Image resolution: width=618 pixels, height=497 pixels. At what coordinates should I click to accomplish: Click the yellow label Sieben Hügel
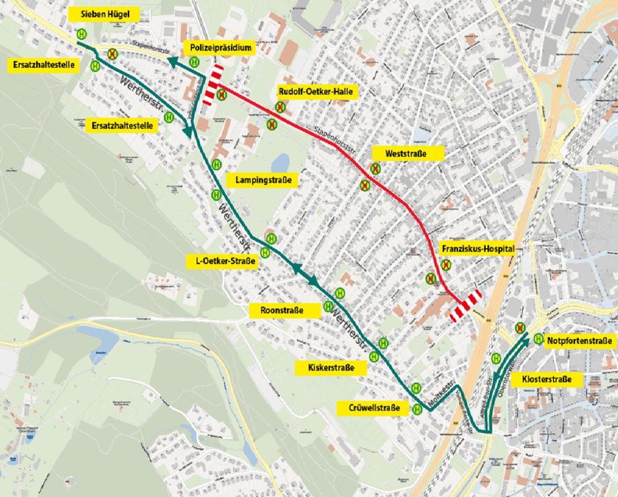tap(104, 14)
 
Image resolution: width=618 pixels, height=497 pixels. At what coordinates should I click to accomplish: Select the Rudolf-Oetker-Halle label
tap(318, 92)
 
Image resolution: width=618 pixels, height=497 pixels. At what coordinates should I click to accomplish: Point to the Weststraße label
tap(408, 154)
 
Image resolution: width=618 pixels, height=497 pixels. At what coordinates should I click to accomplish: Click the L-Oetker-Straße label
tap(223, 261)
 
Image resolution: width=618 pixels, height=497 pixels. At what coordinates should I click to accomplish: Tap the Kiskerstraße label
tap(331, 367)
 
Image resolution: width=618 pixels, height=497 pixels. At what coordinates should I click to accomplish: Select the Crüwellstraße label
tap(374, 408)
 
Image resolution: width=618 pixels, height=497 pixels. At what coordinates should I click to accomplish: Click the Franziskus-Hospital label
tap(477, 248)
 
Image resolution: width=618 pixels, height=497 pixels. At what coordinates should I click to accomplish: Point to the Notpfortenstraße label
tap(580, 341)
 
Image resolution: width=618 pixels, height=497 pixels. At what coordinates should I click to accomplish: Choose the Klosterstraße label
tap(547, 380)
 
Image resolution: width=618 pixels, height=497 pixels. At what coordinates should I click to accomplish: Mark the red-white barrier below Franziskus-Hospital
tap(465, 305)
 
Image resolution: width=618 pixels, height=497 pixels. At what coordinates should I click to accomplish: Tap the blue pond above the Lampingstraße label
tap(280, 162)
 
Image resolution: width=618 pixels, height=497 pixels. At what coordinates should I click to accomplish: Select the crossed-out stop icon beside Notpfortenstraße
tap(520, 328)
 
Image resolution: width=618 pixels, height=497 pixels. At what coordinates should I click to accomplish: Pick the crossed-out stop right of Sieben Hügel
tap(112, 54)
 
